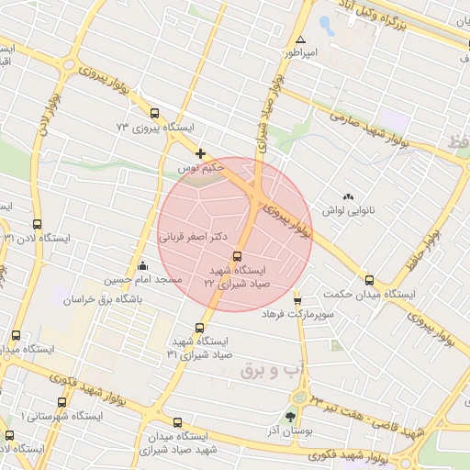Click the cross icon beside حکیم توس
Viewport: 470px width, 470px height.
point(201,153)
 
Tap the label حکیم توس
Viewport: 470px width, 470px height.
point(201,170)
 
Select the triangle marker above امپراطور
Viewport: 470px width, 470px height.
point(301,39)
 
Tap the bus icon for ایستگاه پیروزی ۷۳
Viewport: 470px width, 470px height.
point(154,113)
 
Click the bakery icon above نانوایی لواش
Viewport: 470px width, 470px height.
point(348,196)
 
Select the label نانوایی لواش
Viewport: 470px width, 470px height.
point(348,211)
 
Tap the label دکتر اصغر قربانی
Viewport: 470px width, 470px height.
point(196,236)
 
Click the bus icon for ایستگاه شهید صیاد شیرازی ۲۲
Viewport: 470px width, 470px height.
point(238,257)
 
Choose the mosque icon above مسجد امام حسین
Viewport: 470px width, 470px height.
point(142,266)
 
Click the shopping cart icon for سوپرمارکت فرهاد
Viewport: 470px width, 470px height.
point(297,299)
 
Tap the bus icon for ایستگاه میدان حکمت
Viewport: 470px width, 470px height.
point(369,281)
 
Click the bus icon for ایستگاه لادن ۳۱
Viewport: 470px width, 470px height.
point(37,224)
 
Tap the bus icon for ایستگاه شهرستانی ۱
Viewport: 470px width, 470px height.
point(62,402)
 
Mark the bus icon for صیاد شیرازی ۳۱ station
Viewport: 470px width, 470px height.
point(200,328)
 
